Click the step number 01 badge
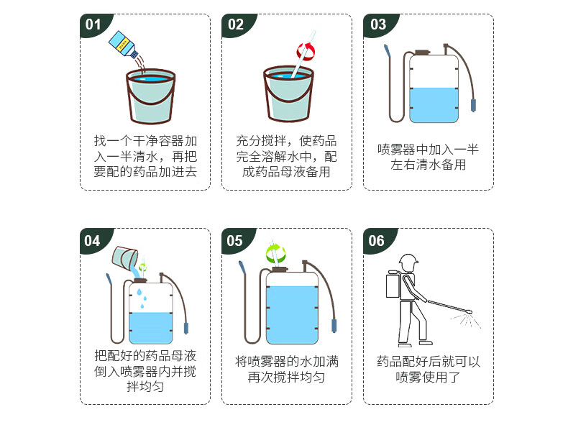coord(93,24)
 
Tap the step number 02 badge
coord(236,24)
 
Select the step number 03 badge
coord(378,24)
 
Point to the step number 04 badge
coord(93,240)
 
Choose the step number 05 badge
coord(234,240)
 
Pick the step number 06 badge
coord(377,240)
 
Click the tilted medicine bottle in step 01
coord(124,45)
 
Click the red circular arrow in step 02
coord(306,52)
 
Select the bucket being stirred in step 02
coord(288,93)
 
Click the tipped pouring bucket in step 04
coord(124,257)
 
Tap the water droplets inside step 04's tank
coord(142,298)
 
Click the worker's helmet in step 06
coord(408,260)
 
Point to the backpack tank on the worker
coord(393,285)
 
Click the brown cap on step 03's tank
coord(422,52)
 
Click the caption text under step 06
coord(429,369)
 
